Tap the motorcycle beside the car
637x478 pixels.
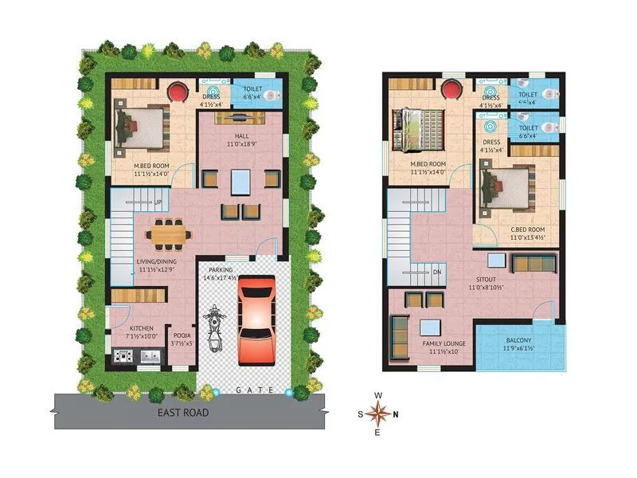[x=213, y=328]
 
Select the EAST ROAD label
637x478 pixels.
[x=183, y=413]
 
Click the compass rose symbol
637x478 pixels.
[x=380, y=413]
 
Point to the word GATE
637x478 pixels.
[x=255, y=390]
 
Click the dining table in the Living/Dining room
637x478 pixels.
[x=169, y=234]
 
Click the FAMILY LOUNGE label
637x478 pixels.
[x=432, y=343]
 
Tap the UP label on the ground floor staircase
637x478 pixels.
[x=158, y=202]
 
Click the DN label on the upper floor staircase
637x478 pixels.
[x=436, y=272]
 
